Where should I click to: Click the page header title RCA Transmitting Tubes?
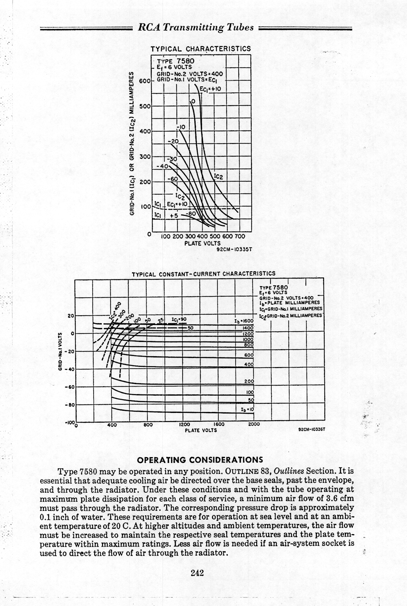195,28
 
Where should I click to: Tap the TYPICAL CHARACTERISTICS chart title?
201,49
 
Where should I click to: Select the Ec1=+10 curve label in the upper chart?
210,89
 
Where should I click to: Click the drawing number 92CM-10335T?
234,250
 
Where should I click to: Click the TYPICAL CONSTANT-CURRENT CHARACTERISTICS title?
203,273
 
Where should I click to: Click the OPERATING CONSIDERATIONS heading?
200,460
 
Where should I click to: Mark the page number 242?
197,573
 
